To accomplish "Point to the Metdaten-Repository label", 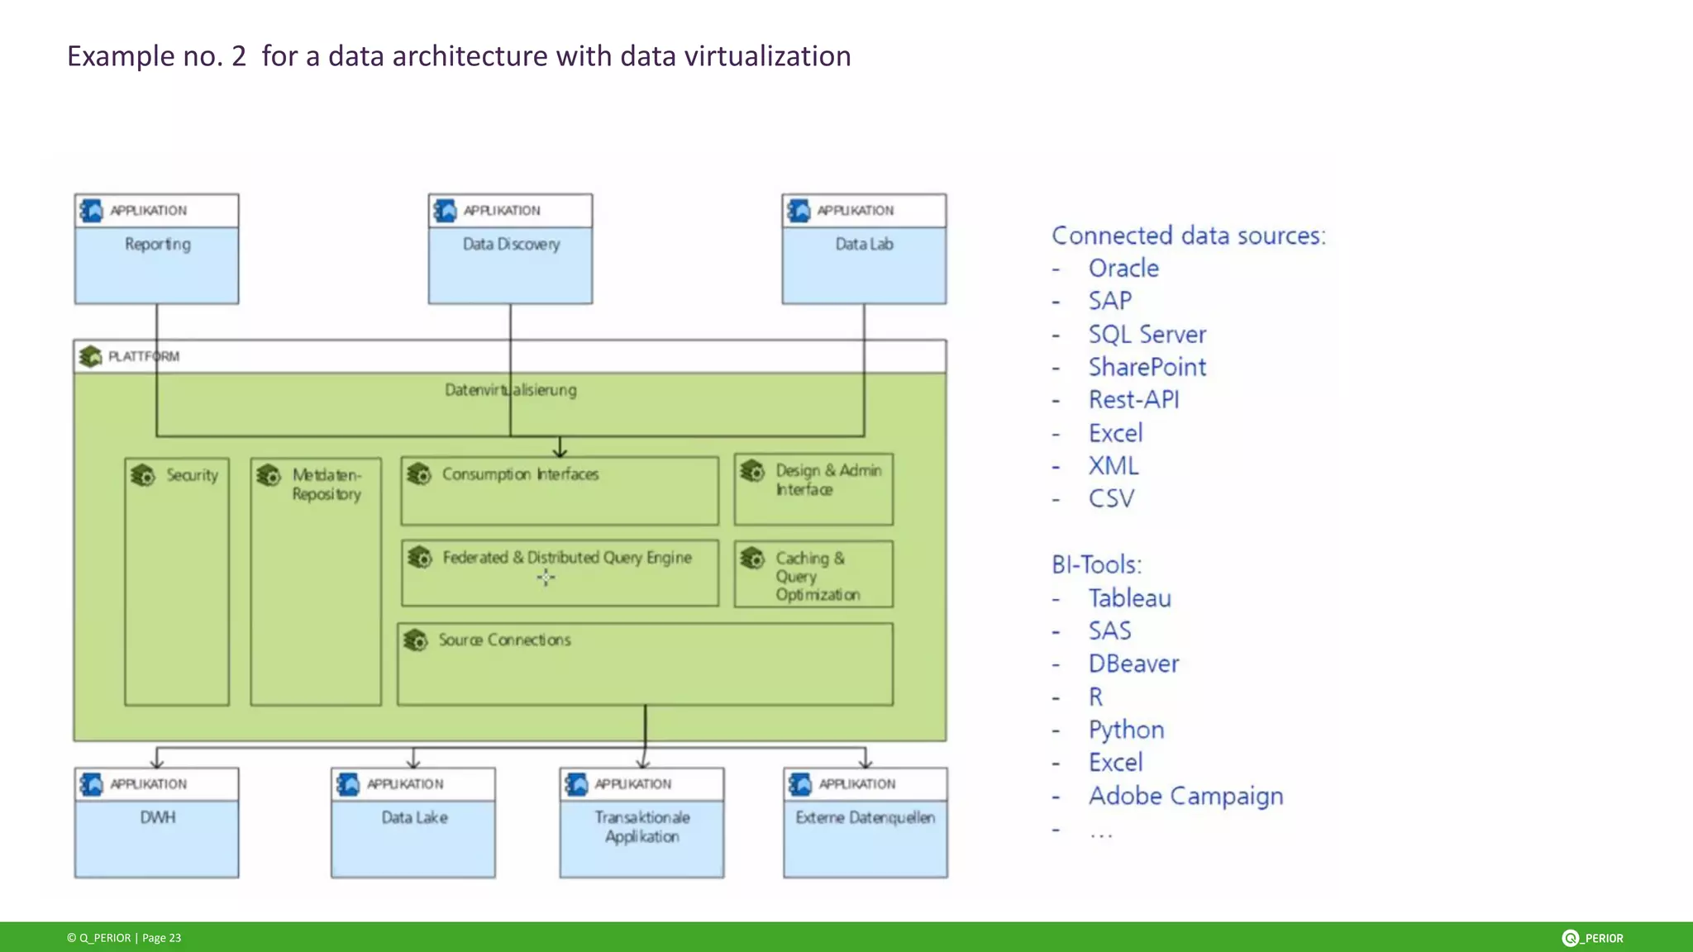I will click(327, 484).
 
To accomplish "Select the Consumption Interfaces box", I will click(560, 491).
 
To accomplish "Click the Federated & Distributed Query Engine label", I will click(567, 558).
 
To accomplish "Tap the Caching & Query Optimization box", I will click(813, 575).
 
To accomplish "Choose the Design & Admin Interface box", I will click(813, 489).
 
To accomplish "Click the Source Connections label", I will click(504, 640).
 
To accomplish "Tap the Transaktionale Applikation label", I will click(641, 826).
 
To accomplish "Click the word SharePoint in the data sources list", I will click(1147, 367).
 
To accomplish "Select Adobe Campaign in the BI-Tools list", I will click(1185, 796).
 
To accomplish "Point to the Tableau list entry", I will click(1129, 598).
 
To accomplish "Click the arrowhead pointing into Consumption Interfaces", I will click(560, 451).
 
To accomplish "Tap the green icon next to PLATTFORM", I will click(90, 357).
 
